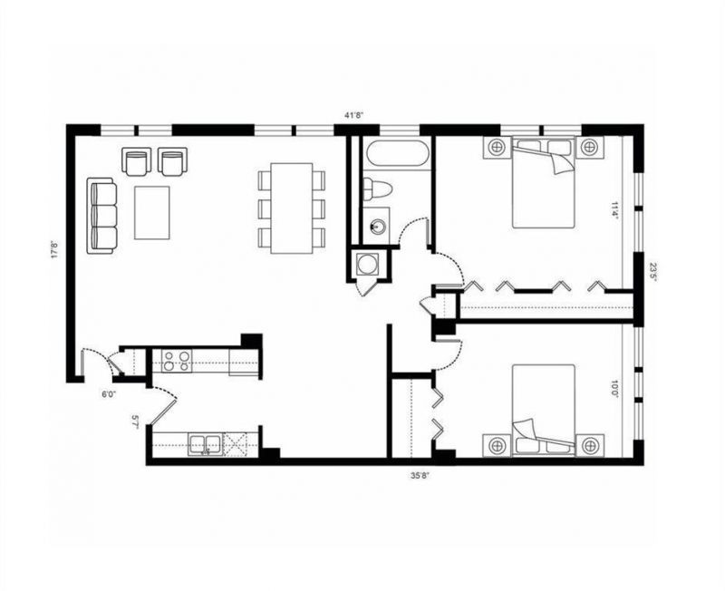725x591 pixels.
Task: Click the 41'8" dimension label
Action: (x=354, y=115)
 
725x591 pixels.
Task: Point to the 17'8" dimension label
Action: (x=55, y=247)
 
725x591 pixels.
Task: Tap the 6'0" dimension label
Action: (x=108, y=393)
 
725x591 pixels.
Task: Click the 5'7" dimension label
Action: (x=136, y=421)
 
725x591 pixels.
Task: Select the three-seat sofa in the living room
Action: (x=102, y=216)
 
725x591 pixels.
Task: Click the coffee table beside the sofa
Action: (x=152, y=212)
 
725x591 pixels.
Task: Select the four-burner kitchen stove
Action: (x=176, y=360)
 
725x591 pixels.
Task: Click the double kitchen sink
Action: (x=204, y=444)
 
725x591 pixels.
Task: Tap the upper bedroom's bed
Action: (x=544, y=182)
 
